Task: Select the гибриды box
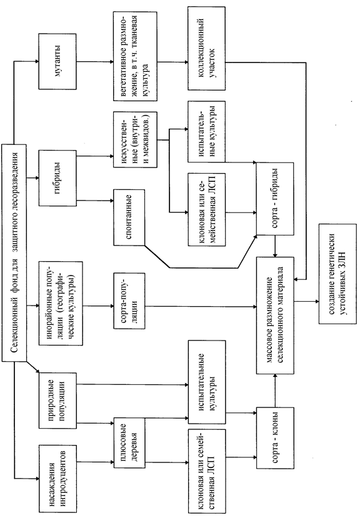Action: [x=57, y=178]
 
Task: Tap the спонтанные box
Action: [x=129, y=217]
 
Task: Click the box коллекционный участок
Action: [x=207, y=48]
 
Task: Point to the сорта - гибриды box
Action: [x=275, y=199]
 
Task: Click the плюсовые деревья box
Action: [x=129, y=443]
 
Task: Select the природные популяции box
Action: [x=57, y=401]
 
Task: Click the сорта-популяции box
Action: [x=129, y=301]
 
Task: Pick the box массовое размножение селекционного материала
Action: [x=275, y=316]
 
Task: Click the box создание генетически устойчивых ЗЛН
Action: [x=338, y=274]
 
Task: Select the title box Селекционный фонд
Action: [x=14, y=252]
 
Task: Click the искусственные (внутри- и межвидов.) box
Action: [x=135, y=139]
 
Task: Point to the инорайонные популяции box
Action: [x=61, y=303]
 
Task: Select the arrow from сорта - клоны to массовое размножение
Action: [x=275, y=391]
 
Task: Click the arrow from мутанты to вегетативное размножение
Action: [x=95, y=61]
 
